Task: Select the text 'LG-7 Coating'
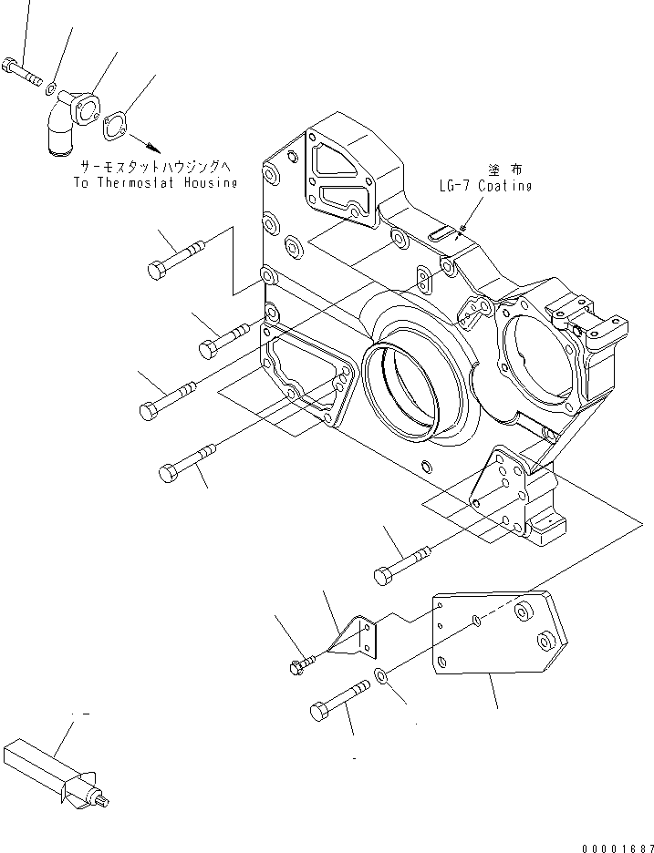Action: pos(483,186)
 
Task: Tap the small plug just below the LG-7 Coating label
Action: pos(463,228)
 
